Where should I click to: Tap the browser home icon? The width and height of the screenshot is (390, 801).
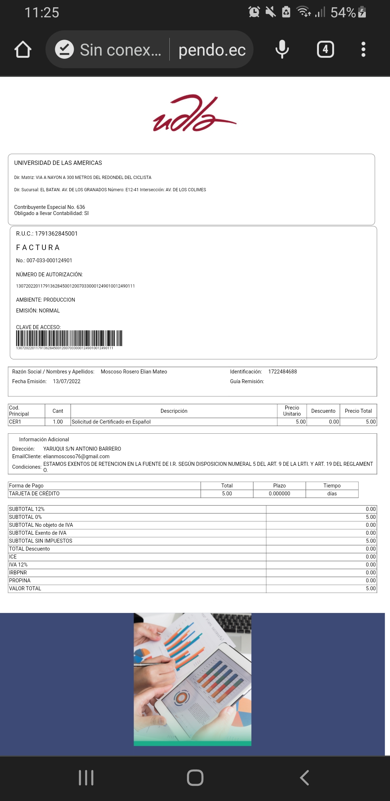(x=23, y=49)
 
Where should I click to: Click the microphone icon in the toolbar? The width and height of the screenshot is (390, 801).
(x=282, y=49)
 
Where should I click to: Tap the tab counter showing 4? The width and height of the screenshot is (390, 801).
(x=325, y=49)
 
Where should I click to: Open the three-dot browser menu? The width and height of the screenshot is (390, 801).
(x=363, y=49)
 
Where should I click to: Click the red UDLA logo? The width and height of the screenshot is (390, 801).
(x=195, y=114)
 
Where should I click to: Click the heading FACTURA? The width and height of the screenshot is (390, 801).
(x=38, y=248)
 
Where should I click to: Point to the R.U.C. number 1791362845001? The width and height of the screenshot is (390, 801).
(x=56, y=233)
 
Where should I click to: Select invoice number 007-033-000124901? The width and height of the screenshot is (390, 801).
(x=49, y=261)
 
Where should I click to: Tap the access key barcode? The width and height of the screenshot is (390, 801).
(x=69, y=338)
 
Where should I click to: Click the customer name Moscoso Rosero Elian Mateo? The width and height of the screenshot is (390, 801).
(x=134, y=372)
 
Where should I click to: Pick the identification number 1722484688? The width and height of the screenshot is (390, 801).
(x=282, y=372)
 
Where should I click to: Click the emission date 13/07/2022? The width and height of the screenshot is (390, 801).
(x=66, y=381)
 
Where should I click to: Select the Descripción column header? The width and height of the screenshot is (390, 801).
(x=174, y=411)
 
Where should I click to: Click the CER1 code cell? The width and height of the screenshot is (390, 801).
(x=15, y=422)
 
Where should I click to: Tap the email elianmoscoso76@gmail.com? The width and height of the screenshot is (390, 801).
(x=76, y=456)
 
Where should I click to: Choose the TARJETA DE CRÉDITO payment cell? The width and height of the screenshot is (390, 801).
(x=34, y=494)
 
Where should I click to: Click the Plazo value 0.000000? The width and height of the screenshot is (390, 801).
(x=279, y=494)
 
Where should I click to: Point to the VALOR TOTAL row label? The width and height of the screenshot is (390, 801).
(x=25, y=588)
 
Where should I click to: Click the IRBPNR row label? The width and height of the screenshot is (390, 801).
(x=18, y=573)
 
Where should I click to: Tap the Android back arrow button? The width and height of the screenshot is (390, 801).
(x=304, y=778)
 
